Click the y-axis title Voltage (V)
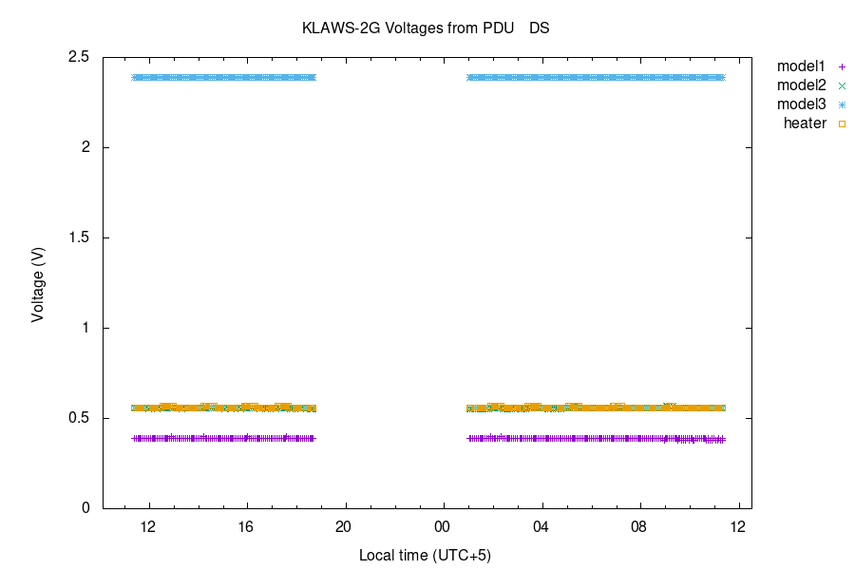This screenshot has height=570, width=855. point(38,283)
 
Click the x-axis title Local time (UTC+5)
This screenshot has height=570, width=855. point(425,555)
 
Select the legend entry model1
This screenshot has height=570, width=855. point(801,66)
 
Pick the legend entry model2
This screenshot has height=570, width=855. point(801,85)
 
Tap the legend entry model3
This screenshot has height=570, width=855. point(801,104)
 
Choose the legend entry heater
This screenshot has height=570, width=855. point(805,123)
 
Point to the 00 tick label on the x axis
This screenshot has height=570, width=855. point(443,526)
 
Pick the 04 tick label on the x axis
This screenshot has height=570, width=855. point(541,526)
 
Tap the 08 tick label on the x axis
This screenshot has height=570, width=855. point(639,526)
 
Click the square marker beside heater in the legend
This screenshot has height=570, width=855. point(842,123)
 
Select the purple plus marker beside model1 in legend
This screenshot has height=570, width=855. point(842,66)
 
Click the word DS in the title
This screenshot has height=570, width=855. point(539,28)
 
